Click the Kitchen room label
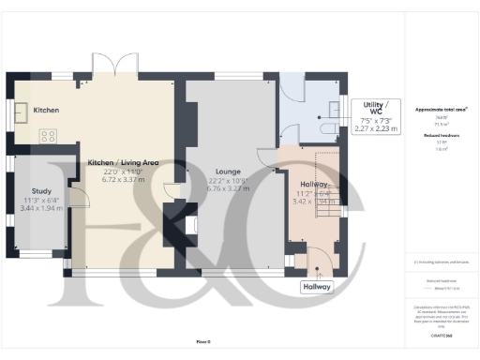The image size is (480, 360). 46,111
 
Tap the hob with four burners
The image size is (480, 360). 47,136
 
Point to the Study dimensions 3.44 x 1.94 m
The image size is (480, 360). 41,208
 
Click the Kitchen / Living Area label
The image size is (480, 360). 123,163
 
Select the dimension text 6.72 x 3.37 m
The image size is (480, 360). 123,180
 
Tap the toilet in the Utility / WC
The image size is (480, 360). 329,128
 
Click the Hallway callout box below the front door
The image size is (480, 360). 317,287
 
